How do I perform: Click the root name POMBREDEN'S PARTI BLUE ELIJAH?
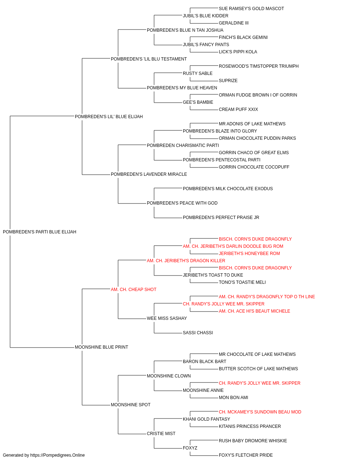40,232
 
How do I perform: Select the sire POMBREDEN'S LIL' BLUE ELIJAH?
109,116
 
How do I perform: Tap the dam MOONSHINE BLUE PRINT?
102,347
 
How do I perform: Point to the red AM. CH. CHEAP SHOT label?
134,289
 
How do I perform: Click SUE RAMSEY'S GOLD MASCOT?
251,9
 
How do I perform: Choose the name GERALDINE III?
234,23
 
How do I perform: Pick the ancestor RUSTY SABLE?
198,73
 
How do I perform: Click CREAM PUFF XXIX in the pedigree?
238,109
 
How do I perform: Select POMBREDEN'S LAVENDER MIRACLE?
149,174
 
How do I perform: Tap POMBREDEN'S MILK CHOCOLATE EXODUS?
228,189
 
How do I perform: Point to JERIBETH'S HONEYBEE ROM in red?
249,253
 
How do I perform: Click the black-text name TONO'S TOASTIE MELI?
242,282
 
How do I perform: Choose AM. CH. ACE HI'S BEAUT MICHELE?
255,311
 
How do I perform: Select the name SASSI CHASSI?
198,333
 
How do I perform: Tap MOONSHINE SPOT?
131,405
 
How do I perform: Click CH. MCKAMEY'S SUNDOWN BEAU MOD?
260,412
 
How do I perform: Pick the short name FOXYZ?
190,448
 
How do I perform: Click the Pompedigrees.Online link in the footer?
57,455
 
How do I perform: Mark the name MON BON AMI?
233,398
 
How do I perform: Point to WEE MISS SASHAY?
167,318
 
